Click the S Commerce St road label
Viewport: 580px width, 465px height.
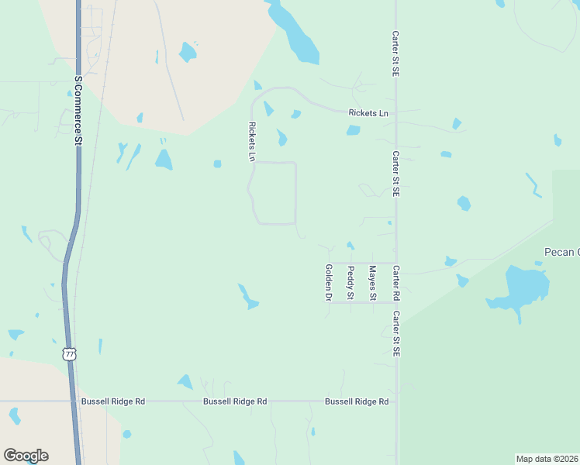(x=78, y=111)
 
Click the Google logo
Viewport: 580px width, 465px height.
(x=26, y=456)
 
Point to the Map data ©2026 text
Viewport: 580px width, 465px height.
(x=547, y=459)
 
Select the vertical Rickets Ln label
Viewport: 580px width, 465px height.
(x=251, y=141)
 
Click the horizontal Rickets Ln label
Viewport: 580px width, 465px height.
(x=368, y=113)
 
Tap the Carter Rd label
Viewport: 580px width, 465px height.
(x=395, y=284)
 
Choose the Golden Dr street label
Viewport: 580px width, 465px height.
(x=329, y=282)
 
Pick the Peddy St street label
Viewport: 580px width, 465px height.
(x=350, y=283)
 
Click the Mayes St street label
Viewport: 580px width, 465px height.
(x=372, y=283)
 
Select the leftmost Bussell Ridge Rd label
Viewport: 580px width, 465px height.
(x=113, y=401)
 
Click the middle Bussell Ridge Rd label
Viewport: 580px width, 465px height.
(x=235, y=401)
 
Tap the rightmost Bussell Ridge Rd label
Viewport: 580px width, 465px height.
(x=357, y=401)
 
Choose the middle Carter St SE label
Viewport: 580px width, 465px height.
(x=395, y=174)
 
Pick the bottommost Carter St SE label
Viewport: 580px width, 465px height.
(x=395, y=334)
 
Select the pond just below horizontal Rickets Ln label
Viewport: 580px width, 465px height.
(x=353, y=130)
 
